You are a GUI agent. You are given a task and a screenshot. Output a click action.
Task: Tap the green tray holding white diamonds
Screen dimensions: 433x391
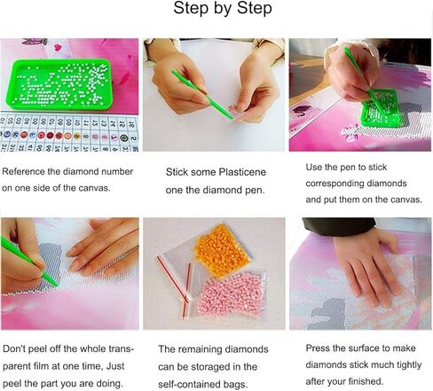pyautogui.click(x=59, y=84)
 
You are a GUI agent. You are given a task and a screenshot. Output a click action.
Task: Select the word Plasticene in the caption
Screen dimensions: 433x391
pyautogui.click(x=242, y=172)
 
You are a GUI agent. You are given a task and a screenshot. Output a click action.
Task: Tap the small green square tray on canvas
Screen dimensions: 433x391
pyautogui.click(x=381, y=107)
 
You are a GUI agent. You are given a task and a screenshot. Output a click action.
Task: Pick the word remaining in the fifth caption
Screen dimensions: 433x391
pyautogui.click(x=200, y=349)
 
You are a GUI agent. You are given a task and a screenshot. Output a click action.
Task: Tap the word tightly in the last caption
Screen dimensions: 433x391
pyautogui.click(x=409, y=365)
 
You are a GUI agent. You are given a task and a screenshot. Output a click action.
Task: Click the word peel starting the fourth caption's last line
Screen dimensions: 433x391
pyautogui.click(x=12, y=383)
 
